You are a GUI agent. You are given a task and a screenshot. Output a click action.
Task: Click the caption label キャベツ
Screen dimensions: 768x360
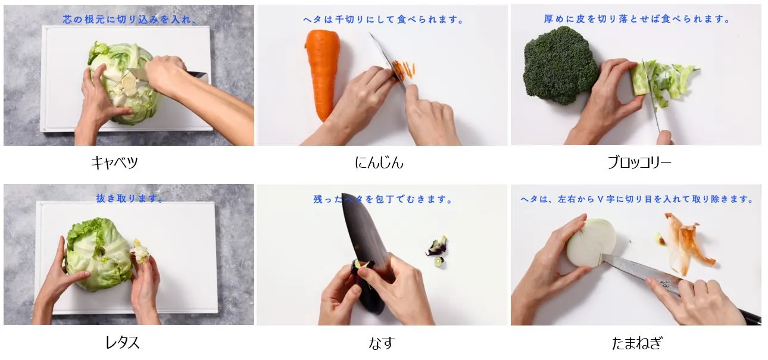[x=114, y=162]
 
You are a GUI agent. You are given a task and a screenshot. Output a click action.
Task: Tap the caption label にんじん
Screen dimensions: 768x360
[x=379, y=162]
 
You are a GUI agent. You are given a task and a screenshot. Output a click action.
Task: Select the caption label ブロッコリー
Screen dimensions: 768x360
[x=639, y=162]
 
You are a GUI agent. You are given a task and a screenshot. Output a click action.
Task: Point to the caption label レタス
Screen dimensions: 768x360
[x=123, y=342]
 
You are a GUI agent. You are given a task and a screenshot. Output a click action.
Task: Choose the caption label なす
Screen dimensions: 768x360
[x=382, y=343]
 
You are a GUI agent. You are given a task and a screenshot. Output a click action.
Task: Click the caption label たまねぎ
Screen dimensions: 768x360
[x=636, y=343]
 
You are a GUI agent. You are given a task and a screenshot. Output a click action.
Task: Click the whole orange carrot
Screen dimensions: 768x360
[x=323, y=74]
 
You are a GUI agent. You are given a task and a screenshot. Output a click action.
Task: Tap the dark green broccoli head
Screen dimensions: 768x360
[x=560, y=65]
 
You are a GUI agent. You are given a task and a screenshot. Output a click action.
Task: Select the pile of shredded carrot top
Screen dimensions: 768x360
[x=404, y=70]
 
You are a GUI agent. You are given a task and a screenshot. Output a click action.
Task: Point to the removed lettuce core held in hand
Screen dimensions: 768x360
[x=140, y=252]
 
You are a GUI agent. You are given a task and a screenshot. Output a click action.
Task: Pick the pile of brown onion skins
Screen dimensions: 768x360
[x=686, y=243]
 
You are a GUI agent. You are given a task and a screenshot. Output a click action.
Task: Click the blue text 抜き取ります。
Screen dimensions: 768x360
[x=130, y=198]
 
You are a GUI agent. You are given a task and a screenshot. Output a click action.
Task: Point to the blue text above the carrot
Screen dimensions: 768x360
[x=383, y=20]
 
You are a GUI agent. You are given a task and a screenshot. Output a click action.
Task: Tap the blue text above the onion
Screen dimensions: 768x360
[x=636, y=199]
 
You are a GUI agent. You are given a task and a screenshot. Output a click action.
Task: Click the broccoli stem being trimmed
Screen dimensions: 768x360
[x=642, y=78]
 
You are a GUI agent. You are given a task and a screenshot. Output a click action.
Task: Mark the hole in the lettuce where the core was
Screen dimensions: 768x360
[x=101, y=252]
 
